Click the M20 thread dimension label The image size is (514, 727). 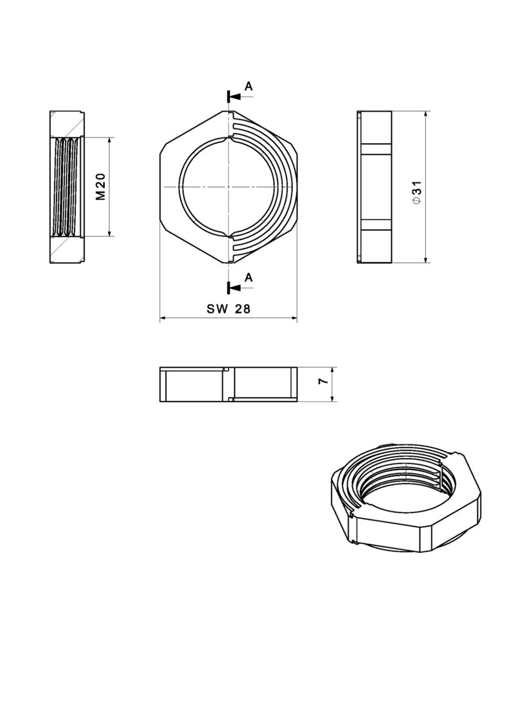100,187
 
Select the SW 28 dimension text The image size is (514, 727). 228,309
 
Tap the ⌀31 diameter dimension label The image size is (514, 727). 417,192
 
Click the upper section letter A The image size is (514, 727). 249,86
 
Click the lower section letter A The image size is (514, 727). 249,277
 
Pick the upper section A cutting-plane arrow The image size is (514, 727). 234,96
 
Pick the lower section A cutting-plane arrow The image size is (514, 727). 234,287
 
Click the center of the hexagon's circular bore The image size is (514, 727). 228,187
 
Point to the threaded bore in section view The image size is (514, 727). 67,187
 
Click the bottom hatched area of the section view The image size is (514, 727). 67,250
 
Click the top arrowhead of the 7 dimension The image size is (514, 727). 333,371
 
